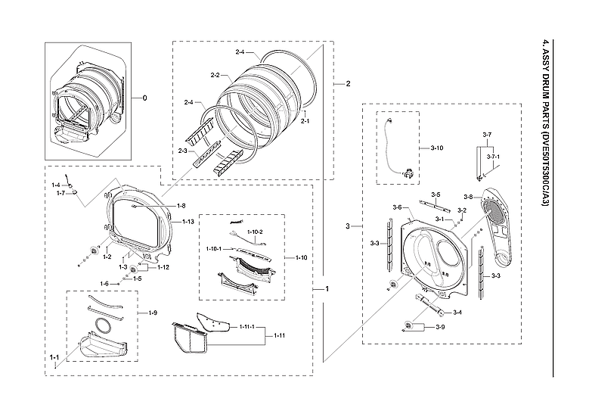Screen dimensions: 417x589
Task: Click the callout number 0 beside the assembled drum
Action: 146,98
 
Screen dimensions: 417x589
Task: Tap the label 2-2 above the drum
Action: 215,76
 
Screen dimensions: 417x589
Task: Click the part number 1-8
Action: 181,206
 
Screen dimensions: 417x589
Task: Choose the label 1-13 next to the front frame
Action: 188,222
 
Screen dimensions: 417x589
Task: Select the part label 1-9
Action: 153,313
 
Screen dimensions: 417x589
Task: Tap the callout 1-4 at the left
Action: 56,185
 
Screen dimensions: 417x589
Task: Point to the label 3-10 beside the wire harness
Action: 437,146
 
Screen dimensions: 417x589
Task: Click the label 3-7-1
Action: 492,157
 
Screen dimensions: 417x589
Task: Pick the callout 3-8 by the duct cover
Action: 468,197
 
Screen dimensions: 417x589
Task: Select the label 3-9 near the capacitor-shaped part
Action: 440,326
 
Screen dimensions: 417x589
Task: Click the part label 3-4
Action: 457,313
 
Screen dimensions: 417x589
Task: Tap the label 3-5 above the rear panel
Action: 436,194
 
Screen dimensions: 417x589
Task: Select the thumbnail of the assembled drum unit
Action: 87,97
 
